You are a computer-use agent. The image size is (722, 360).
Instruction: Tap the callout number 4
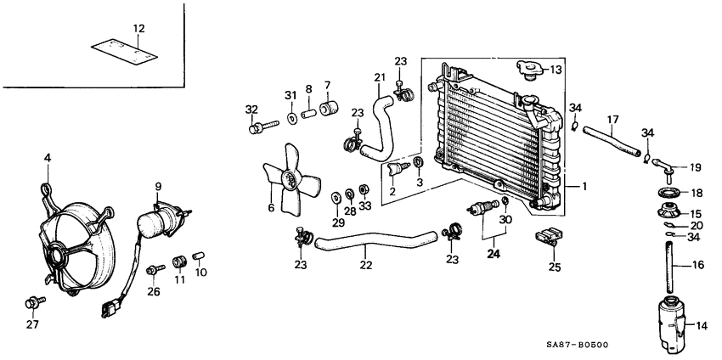[x=48, y=157]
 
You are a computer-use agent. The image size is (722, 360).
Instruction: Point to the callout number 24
[x=491, y=252]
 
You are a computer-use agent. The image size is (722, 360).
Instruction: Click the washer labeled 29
[x=336, y=197]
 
